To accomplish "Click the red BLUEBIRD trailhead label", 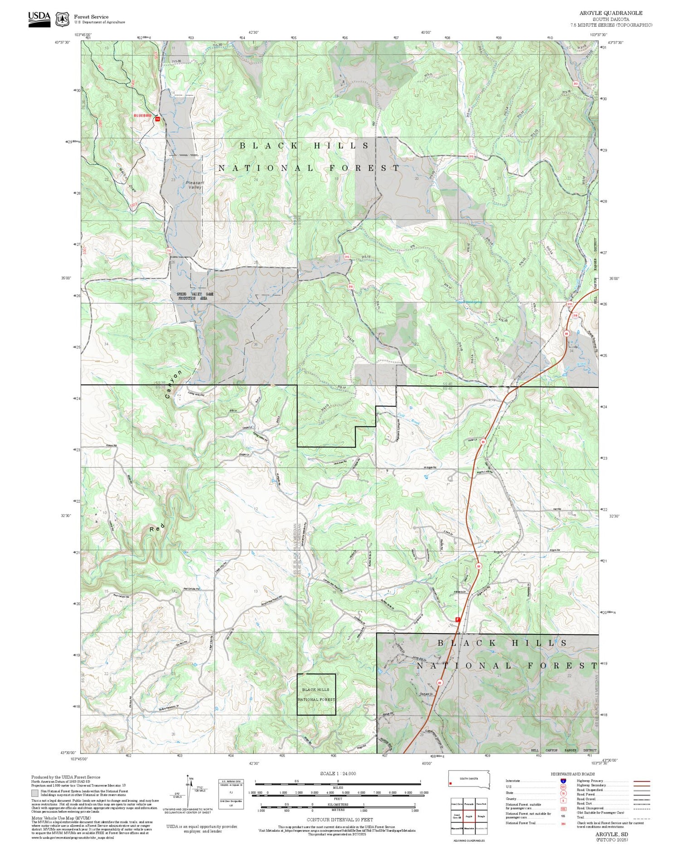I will pyautogui.click(x=142, y=116).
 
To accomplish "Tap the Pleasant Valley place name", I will pyautogui.click(x=195, y=185).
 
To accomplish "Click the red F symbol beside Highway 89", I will pyautogui.click(x=457, y=619).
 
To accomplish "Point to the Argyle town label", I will pyautogui.click(x=498, y=552).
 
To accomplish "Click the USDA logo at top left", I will pyautogui.click(x=39, y=19).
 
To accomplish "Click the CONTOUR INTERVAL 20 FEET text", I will pyautogui.click(x=340, y=820).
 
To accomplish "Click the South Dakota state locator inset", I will pyautogui.click(x=469, y=779).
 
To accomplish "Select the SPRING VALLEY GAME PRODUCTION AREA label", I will pyautogui.click(x=195, y=296).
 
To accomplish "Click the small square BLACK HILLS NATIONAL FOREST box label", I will pyautogui.click(x=316, y=694).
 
